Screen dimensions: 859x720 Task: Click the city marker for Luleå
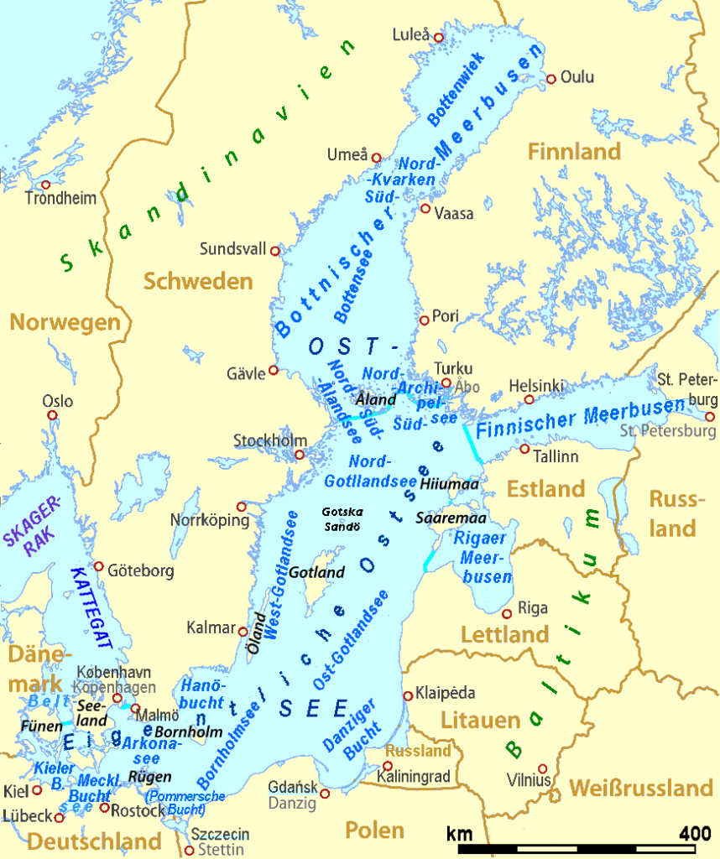[x=438, y=38]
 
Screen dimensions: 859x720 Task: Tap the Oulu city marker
[x=551, y=79]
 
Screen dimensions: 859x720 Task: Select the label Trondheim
[x=60, y=199]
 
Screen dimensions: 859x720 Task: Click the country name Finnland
[x=574, y=152]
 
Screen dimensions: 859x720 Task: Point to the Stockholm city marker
[x=299, y=456]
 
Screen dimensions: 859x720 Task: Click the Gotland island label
[x=317, y=573]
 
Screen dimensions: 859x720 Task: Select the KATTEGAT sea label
[x=91, y=608]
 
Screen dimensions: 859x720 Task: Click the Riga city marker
[x=507, y=613]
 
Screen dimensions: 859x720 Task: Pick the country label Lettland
[x=504, y=635]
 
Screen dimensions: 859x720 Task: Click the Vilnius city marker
[x=543, y=768]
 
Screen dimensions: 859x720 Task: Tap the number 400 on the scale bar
[x=693, y=834]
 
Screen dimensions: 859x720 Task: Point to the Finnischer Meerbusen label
[x=580, y=420]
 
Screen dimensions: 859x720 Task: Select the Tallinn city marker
[x=524, y=449]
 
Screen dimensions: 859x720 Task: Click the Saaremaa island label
[x=446, y=518]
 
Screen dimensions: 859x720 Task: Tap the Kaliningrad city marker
[x=388, y=766]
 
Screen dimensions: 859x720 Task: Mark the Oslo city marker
[x=52, y=415]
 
